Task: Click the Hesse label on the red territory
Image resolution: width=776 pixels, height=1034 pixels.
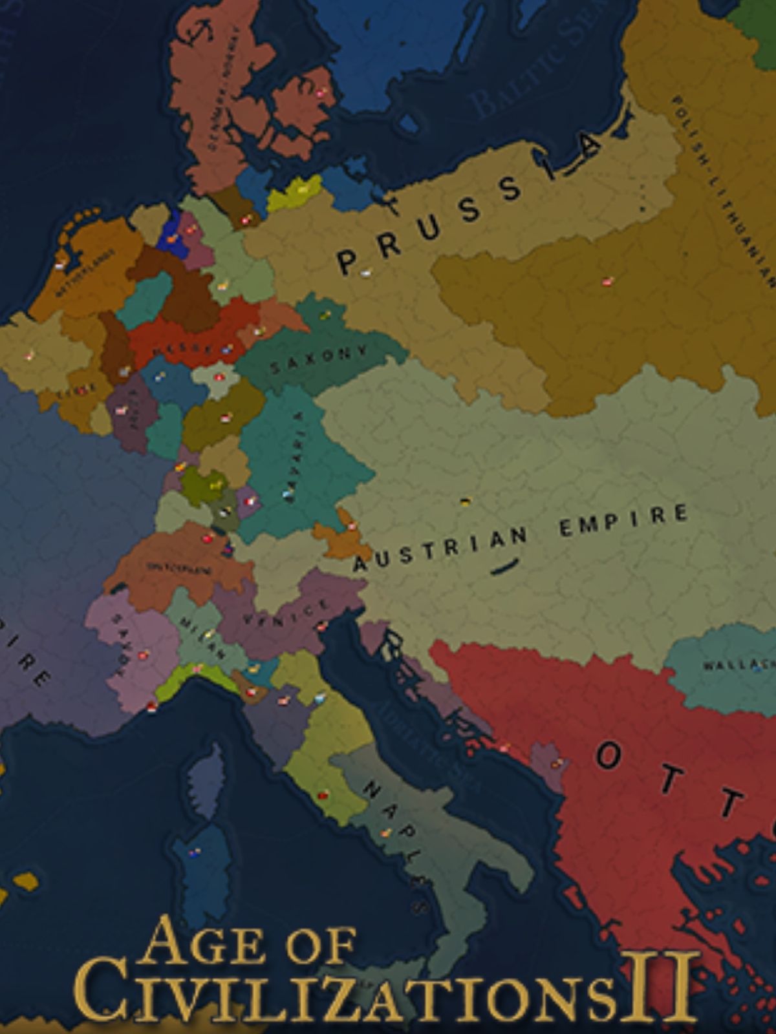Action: (181, 349)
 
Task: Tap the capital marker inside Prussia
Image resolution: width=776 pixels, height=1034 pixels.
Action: (366, 273)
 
